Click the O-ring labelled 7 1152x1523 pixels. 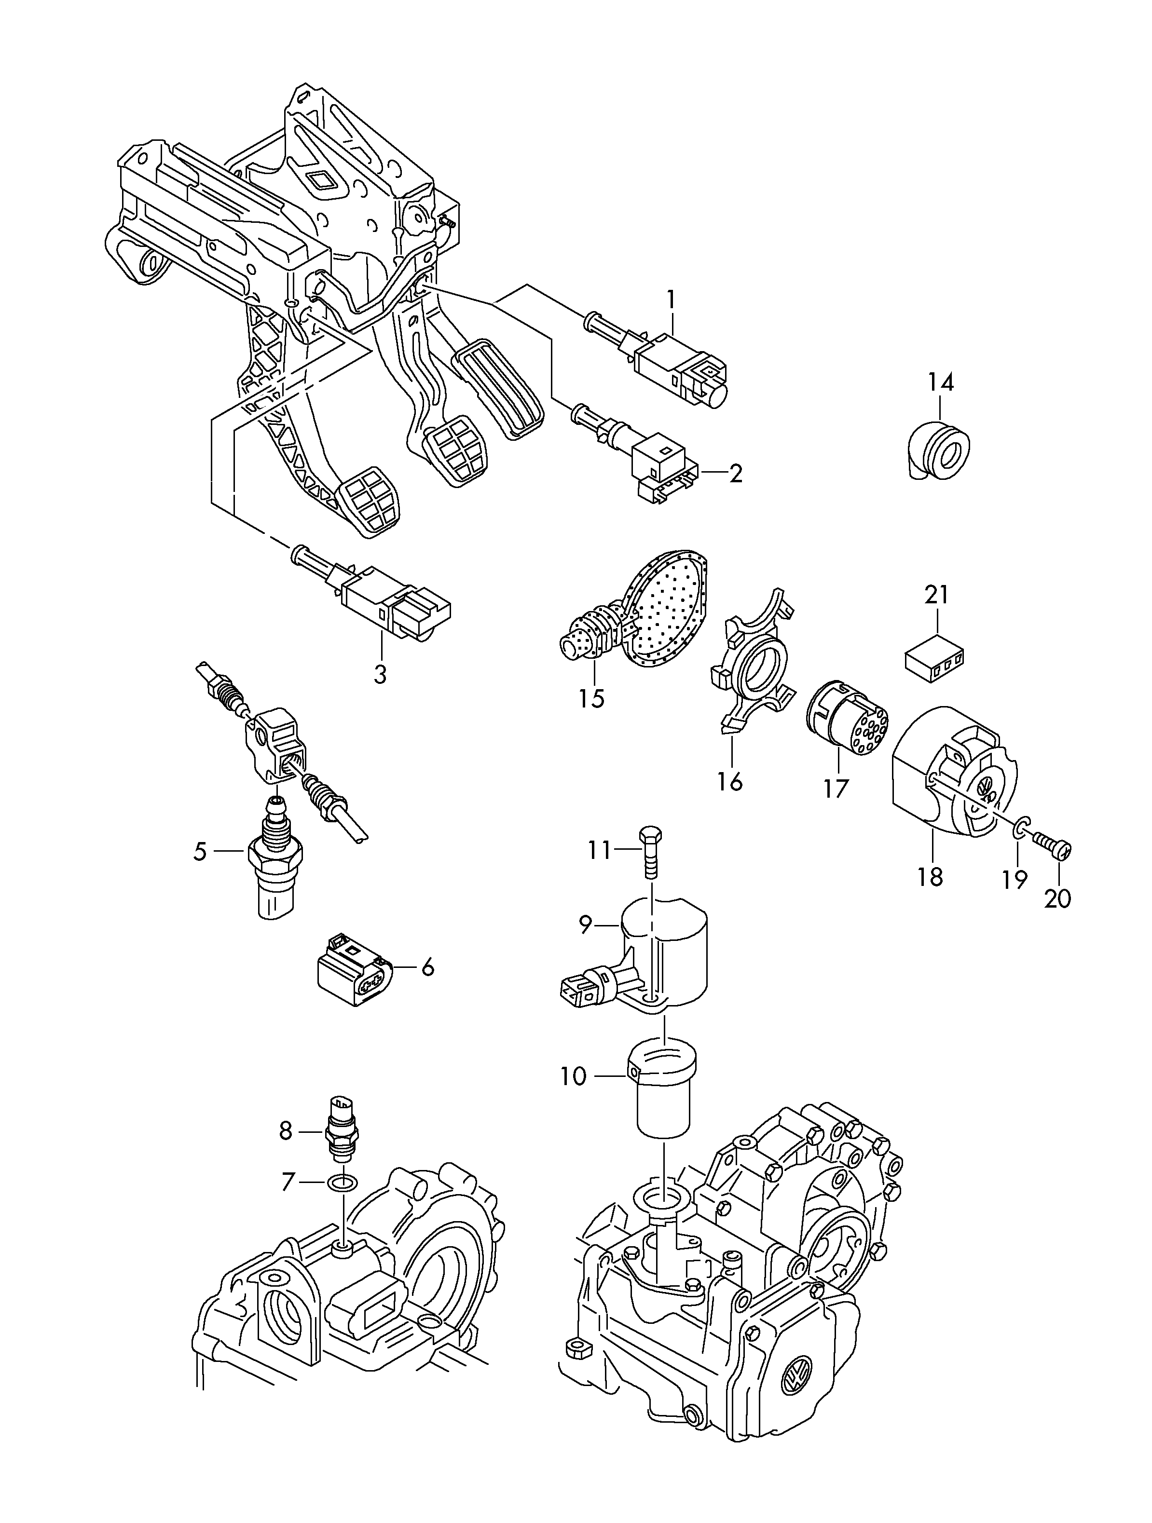[342, 1183]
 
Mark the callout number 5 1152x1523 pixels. [200, 852]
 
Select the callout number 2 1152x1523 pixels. [736, 473]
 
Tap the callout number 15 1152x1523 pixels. [591, 698]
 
